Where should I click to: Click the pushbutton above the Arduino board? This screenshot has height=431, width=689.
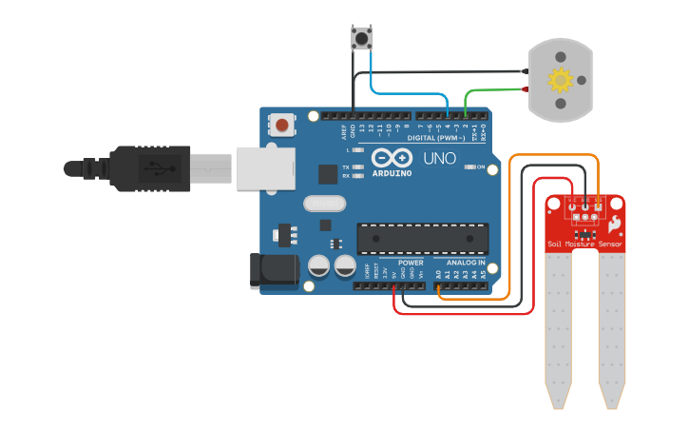coord(361,38)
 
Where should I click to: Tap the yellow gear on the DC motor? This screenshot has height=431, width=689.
coord(560,80)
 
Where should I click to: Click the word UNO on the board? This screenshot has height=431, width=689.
coord(439,158)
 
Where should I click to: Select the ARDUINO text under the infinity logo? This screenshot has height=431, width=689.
coord(392,173)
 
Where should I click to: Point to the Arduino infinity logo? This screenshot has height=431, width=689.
coord(392,158)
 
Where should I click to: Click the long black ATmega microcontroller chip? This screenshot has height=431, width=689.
coord(423,239)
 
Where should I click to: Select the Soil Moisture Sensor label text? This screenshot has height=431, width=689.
coord(584,245)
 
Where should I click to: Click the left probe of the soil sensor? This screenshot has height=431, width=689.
coord(558,323)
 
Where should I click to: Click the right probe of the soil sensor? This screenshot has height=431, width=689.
coord(612,323)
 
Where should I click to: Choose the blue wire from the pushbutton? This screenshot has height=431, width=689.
coord(409,93)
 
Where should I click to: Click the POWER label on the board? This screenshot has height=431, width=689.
coord(411,263)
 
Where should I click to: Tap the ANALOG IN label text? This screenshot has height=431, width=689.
coord(466,263)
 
